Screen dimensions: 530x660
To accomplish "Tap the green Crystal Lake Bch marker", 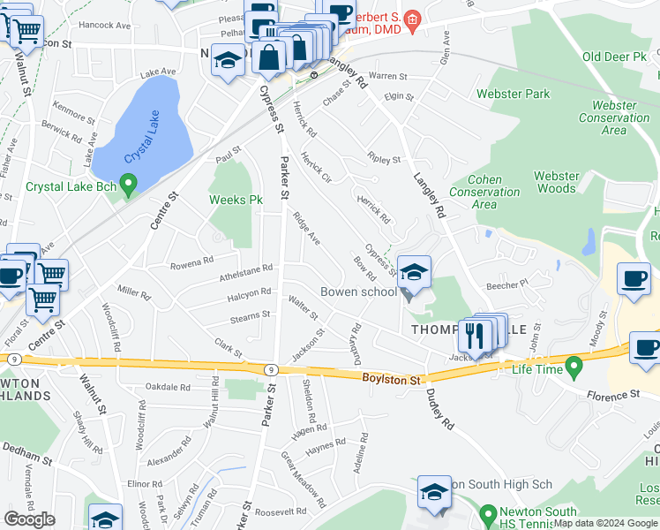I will click(129, 185).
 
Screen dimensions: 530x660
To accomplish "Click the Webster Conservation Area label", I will click(614, 117).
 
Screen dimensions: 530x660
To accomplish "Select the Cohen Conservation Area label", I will click(484, 192).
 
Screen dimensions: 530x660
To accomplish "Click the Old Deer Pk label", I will click(615, 57).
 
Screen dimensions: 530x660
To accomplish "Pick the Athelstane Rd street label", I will click(246, 274).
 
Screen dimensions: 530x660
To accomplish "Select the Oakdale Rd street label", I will click(168, 387).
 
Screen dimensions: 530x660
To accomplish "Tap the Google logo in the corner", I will click(29, 519).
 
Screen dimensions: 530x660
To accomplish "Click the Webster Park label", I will click(513, 94).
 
